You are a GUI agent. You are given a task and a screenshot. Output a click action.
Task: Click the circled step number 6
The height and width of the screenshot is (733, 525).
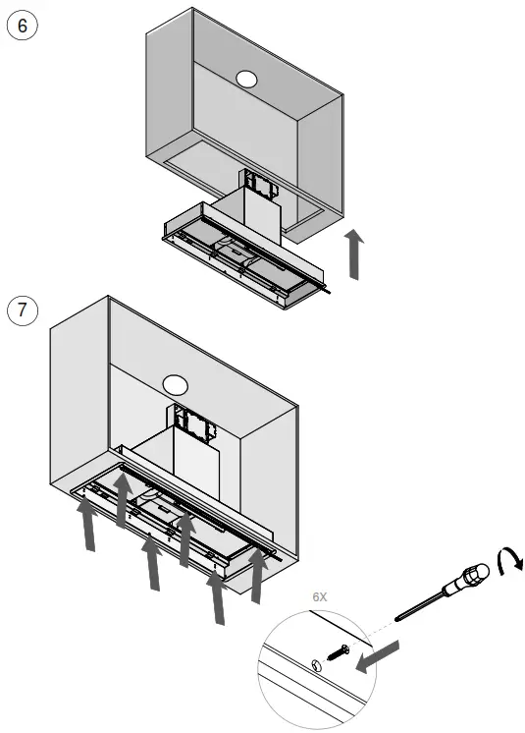pyautogui.click(x=22, y=26)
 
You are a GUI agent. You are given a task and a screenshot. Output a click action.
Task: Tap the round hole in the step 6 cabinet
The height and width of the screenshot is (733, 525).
pyautogui.click(x=246, y=79)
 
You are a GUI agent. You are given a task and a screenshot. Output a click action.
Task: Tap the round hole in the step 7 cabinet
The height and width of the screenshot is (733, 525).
pyautogui.click(x=176, y=385)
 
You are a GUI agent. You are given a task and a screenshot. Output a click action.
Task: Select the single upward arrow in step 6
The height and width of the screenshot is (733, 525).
pyautogui.click(x=355, y=254)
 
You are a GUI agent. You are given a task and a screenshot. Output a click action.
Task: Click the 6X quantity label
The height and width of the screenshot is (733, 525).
pyautogui.click(x=320, y=595)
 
